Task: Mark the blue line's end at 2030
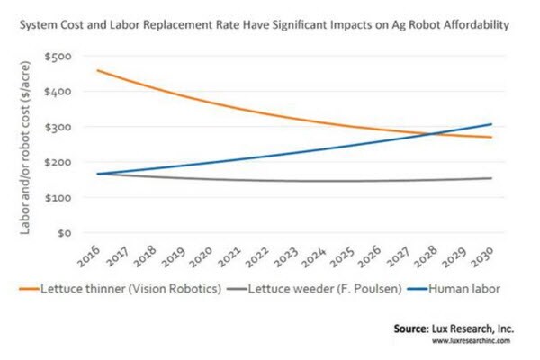[x=490, y=124]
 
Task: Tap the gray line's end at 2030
[x=490, y=178]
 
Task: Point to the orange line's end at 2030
[x=490, y=138]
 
